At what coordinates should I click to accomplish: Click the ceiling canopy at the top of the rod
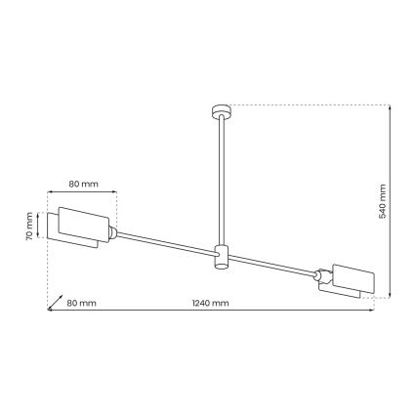coord(218,107)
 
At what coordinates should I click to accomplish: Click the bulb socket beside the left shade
coord(115,233)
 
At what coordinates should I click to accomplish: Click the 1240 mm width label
coord(211,304)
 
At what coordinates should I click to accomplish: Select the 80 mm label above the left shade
coord(84,182)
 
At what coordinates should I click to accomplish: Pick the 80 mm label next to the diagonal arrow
coord(83,304)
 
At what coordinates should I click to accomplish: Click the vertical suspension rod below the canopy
coord(218,176)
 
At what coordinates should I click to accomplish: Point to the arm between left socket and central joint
coord(166,245)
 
